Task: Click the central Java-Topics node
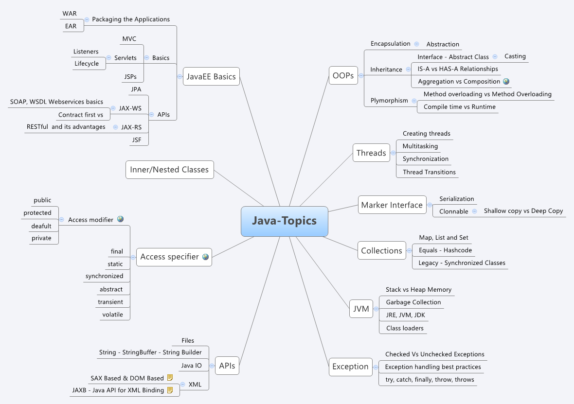284,221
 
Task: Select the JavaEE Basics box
211,76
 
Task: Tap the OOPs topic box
343,75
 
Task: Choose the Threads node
371,153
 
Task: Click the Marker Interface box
392,205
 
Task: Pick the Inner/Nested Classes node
169,170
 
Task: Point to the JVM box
361,308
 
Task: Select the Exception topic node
350,367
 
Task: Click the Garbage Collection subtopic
413,302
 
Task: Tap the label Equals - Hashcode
445,250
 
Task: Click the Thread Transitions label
429,172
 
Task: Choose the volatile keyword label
112,315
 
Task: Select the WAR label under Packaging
70,14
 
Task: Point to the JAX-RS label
131,127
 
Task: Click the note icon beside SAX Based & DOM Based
170,378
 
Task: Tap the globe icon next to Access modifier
120,219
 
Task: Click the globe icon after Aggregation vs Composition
506,82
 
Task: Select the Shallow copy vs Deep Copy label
523,211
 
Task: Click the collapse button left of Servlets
109,58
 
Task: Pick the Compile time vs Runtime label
459,107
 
